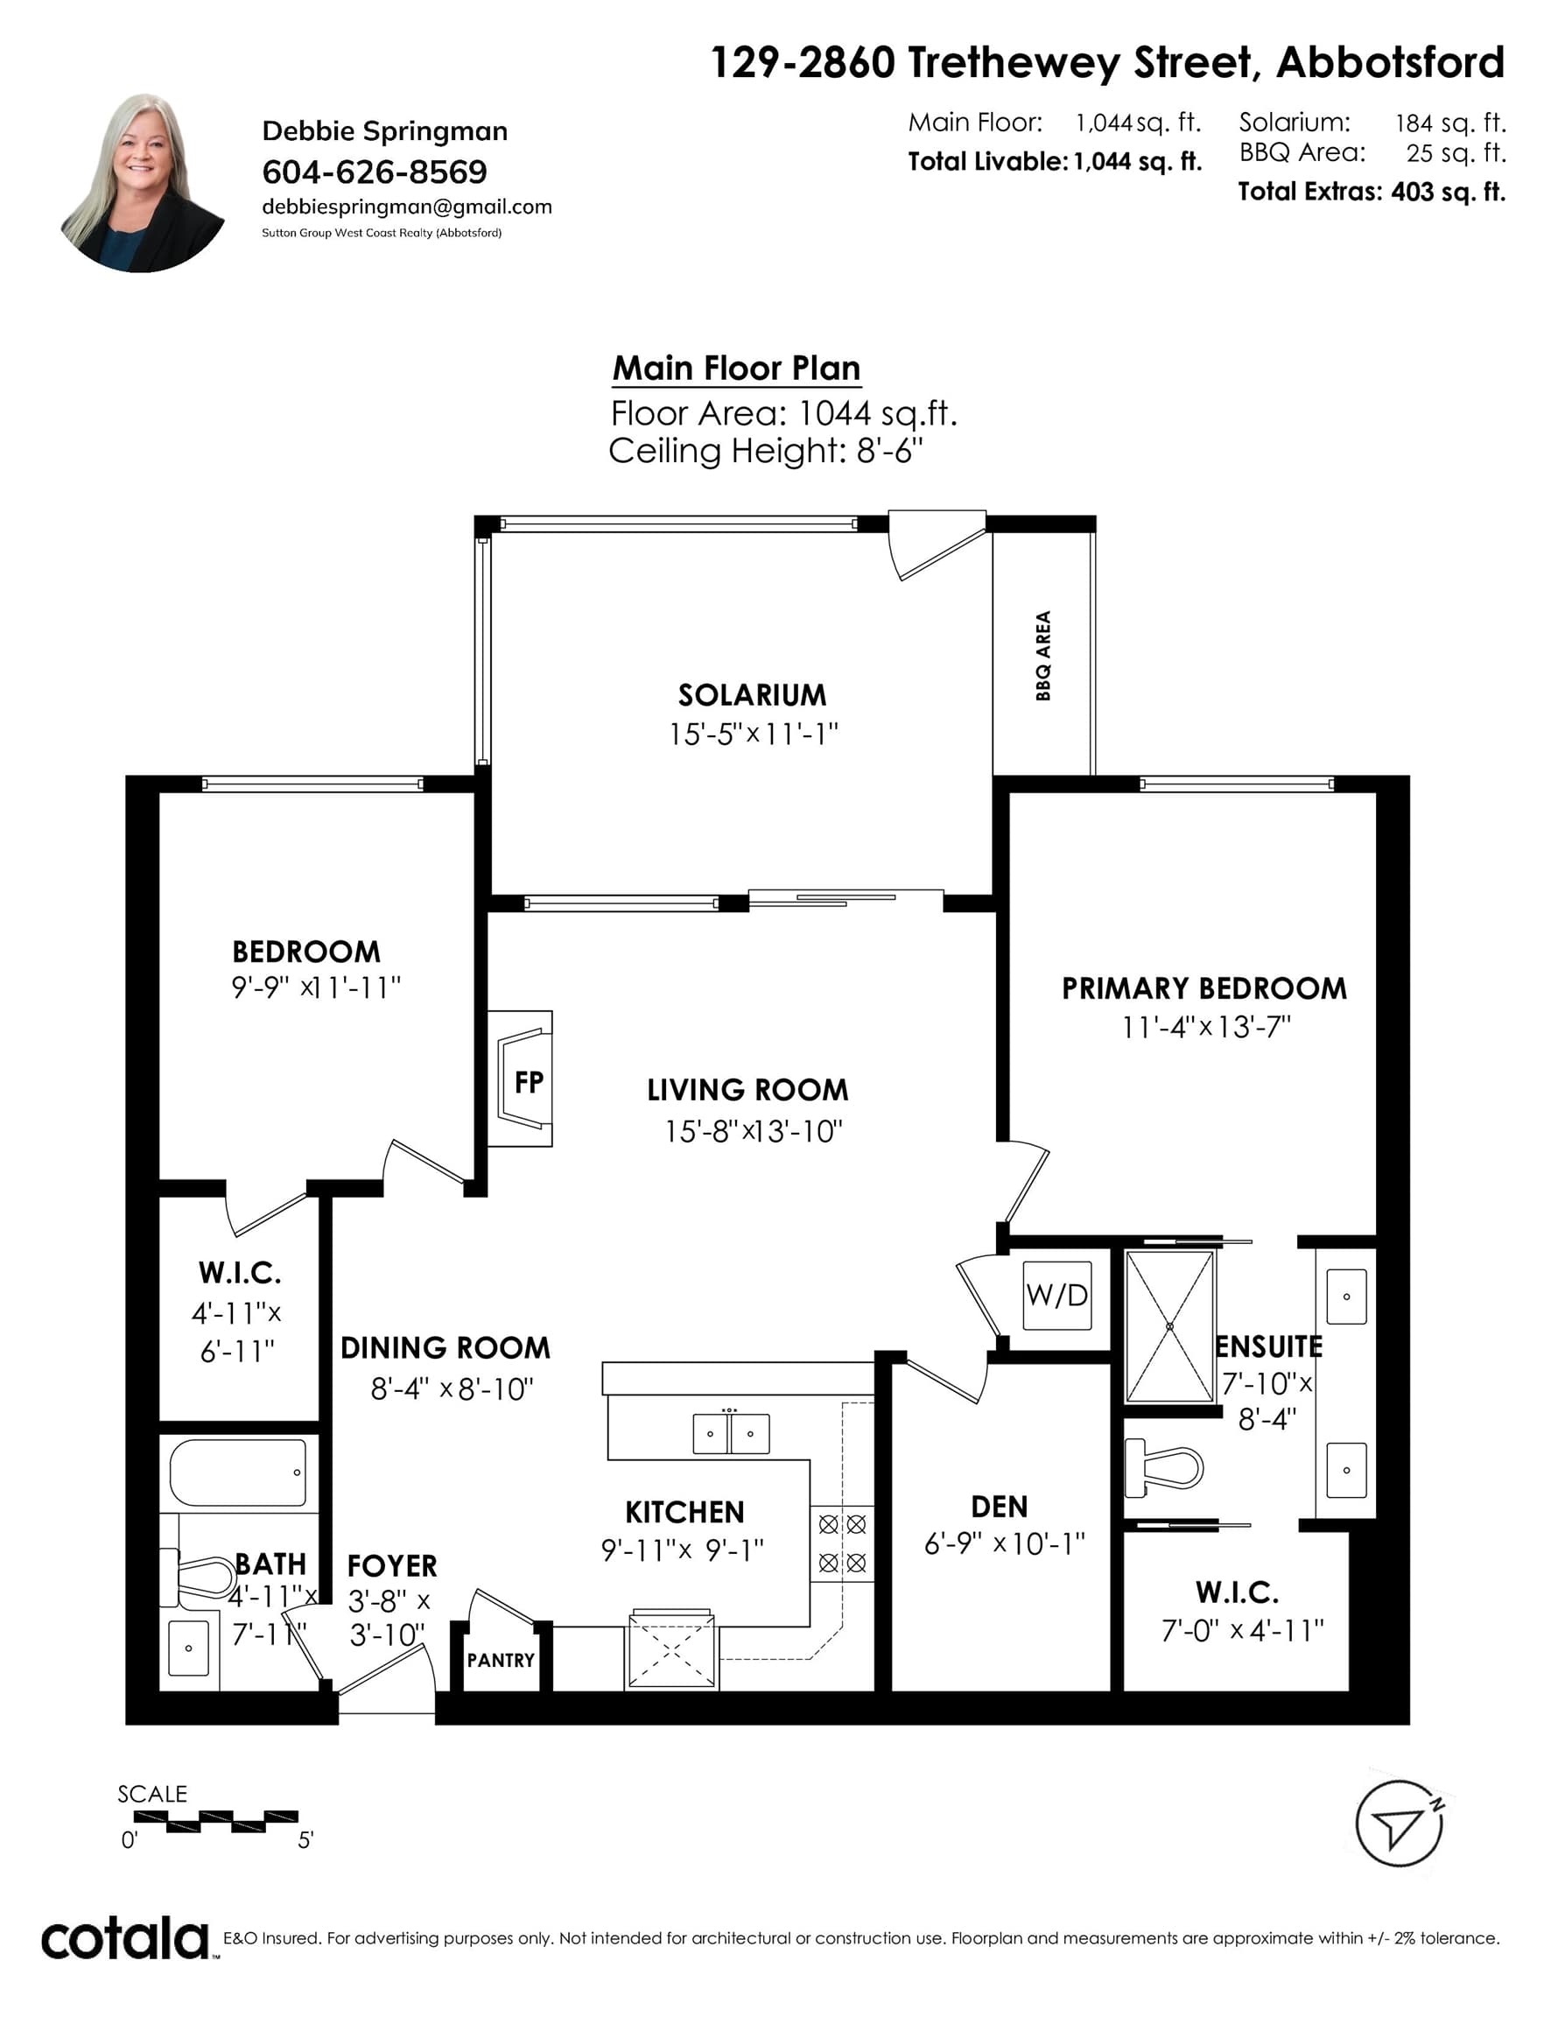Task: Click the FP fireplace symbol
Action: pyautogui.click(x=520, y=1078)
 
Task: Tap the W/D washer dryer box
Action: pyautogui.click(x=1057, y=1295)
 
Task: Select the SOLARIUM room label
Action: pyautogui.click(x=752, y=694)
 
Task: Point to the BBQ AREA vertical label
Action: pyautogui.click(x=1042, y=656)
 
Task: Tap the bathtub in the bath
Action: pyautogui.click(x=238, y=1472)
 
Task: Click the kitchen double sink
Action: pyautogui.click(x=731, y=1433)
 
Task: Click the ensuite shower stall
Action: pyautogui.click(x=1169, y=1326)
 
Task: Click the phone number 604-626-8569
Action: pyautogui.click(x=375, y=172)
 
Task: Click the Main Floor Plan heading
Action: pyautogui.click(x=736, y=368)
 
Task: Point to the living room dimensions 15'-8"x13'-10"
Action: pyautogui.click(x=754, y=1131)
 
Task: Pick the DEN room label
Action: pyautogui.click(x=1000, y=1507)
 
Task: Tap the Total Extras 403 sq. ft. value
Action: pyautogui.click(x=1448, y=192)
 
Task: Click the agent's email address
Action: pyautogui.click(x=407, y=207)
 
